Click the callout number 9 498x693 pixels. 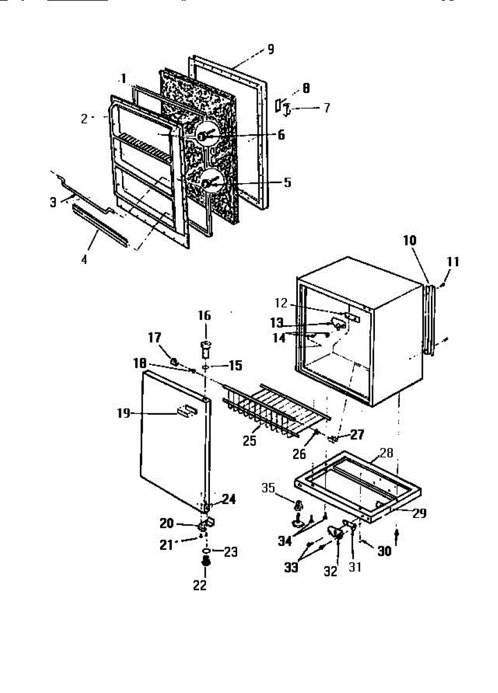(270, 49)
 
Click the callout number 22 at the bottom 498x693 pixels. (199, 585)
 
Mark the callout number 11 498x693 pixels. (453, 262)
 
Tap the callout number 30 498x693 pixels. (384, 551)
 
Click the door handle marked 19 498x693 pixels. (186, 411)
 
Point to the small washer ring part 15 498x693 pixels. (206, 367)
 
